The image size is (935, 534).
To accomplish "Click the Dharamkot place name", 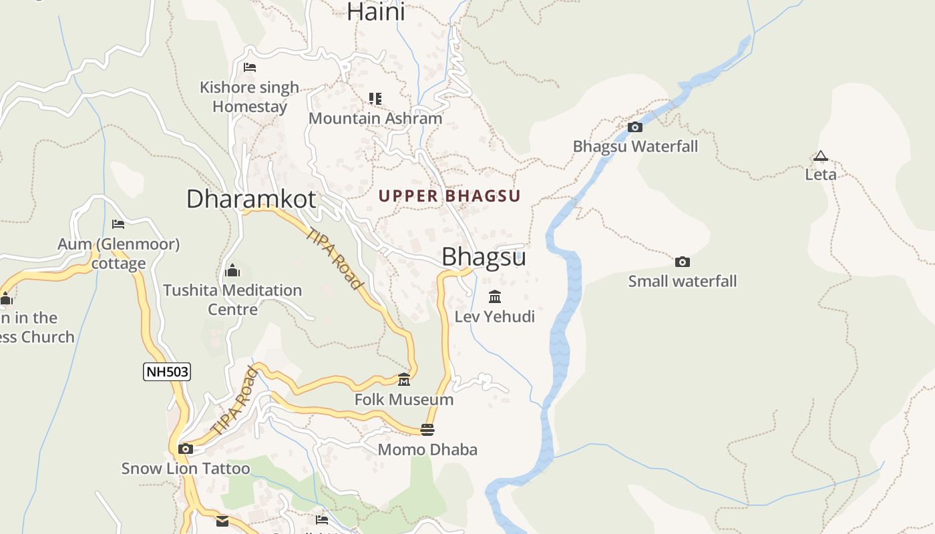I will [x=250, y=199].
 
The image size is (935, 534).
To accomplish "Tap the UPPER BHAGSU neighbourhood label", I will [x=449, y=196].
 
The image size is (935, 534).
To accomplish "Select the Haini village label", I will [x=375, y=11].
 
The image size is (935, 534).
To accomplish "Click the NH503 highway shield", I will [x=167, y=372].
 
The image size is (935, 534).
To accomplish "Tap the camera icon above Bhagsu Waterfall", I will [x=635, y=127].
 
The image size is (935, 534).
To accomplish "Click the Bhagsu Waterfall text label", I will [x=635, y=146].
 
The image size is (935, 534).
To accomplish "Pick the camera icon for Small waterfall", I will [x=682, y=262].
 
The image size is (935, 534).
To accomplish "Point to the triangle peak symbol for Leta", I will [x=820, y=156].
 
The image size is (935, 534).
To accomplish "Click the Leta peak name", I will [x=820, y=174].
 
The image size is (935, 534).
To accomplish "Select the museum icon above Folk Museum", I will [x=404, y=380].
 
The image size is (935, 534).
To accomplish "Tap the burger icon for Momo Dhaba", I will [x=427, y=429].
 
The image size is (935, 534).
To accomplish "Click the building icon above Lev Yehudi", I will [x=495, y=296].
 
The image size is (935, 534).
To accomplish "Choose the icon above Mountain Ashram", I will [x=375, y=99].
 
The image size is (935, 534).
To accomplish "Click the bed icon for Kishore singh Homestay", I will [x=250, y=67].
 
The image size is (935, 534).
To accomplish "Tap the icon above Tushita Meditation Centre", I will [x=232, y=270].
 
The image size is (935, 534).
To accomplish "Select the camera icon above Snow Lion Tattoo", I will [x=186, y=449].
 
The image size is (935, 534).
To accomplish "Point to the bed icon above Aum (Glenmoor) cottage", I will [x=118, y=224].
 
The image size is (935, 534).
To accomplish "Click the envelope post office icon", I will [x=222, y=521].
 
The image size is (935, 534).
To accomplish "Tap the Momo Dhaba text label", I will [x=427, y=449].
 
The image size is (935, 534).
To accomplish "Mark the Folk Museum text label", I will [x=404, y=399].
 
